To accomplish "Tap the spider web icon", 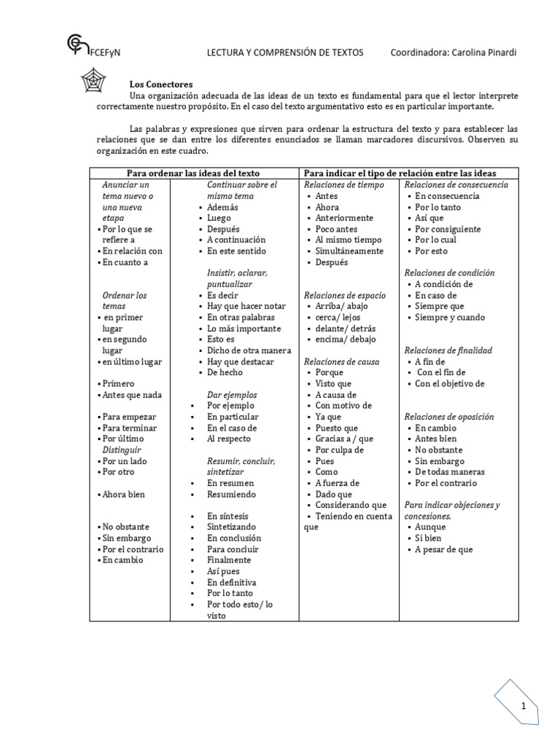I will pos(93,81).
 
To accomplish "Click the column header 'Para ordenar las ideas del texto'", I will pos(193,173).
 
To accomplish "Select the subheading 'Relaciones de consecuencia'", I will pos(456,185).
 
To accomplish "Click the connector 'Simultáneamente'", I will pos(349,251).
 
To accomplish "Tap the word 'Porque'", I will pos(329,372).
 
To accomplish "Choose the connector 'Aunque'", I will pos(430,527).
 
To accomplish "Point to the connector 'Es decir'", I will pos(223,295).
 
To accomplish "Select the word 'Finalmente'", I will pos(229,560).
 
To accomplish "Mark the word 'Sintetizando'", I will pos(231,527).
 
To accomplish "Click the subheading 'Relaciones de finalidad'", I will pos(448,350).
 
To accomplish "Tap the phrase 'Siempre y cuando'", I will pos(450,317).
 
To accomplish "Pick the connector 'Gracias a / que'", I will pos(344,439).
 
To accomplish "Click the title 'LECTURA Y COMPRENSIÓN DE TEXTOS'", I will pos(285,52).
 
